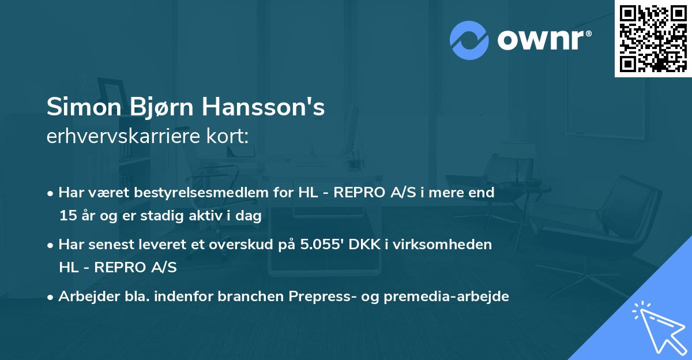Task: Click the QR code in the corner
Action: coord(653,38)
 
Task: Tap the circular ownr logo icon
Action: coord(470,40)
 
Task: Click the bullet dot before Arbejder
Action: coord(51,297)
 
